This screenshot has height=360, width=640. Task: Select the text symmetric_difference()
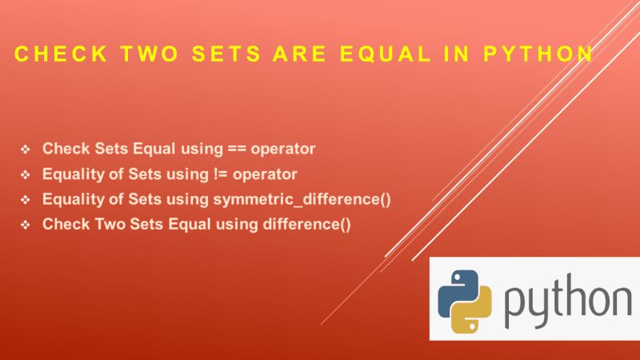pos(304,199)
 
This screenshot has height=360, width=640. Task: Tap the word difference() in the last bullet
pos(306,224)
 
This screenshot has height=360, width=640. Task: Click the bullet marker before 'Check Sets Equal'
pos(26,150)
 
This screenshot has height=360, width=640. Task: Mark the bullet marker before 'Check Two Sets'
pos(26,225)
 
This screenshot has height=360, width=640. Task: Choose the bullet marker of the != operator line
pos(26,174)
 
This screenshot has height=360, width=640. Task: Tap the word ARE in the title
pos(302,54)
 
